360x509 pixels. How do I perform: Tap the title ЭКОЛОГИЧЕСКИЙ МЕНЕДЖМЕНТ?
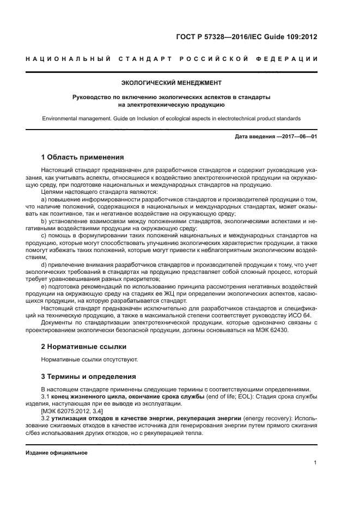click(171, 83)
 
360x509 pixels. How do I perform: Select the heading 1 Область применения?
click(83, 157)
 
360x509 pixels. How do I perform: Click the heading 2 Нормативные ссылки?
click(84, 346)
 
